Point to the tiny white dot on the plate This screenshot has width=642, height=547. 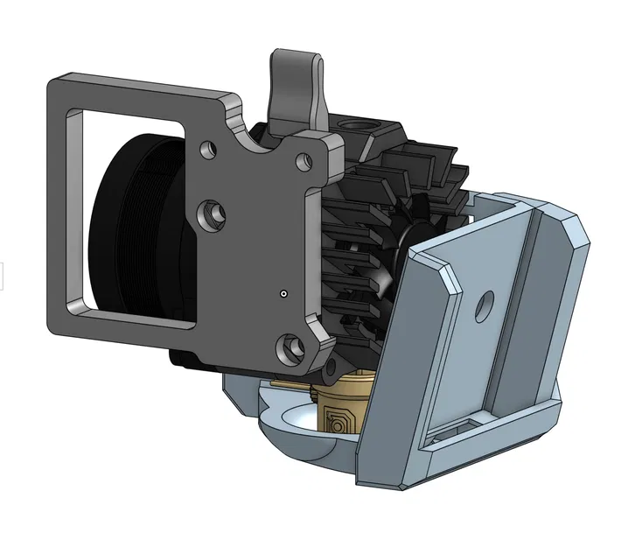(x=283, y=293)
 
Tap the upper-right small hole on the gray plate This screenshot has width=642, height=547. (x=304, y=161)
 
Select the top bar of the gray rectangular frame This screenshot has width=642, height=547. (x=140, y=92)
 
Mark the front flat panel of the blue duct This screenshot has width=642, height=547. (x=437, y=350)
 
